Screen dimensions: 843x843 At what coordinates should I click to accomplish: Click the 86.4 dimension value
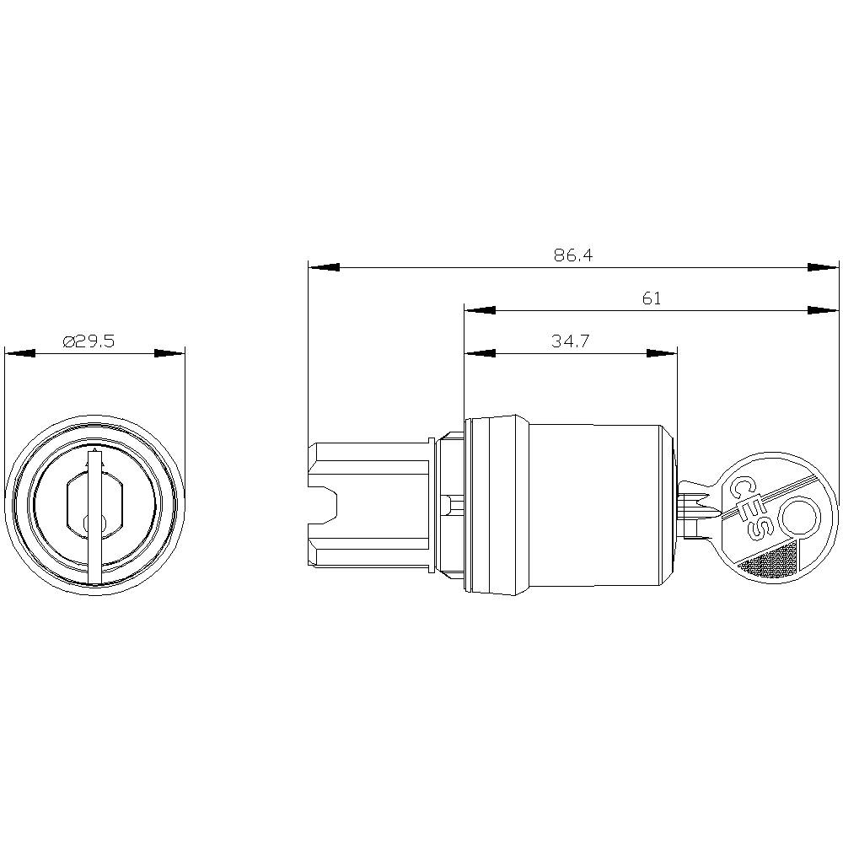tap(573, 255)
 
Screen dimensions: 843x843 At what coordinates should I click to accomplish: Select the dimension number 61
tap(652, 298)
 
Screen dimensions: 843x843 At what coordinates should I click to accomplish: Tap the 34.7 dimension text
tap(570, 341)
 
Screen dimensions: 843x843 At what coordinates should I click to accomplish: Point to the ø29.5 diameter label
tap(89, 341)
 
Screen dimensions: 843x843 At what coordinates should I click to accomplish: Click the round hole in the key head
tap(797, 515)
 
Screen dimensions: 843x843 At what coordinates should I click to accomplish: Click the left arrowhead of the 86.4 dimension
tap(324, 267)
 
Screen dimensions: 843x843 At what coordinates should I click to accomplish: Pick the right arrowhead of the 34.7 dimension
tap(663, 353)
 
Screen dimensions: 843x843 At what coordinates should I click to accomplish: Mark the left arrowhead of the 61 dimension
tap(479, 310)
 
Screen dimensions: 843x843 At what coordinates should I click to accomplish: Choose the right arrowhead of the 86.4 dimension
tap(824, 267)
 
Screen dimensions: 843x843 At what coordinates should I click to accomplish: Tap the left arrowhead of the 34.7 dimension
tap(479, 353)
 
